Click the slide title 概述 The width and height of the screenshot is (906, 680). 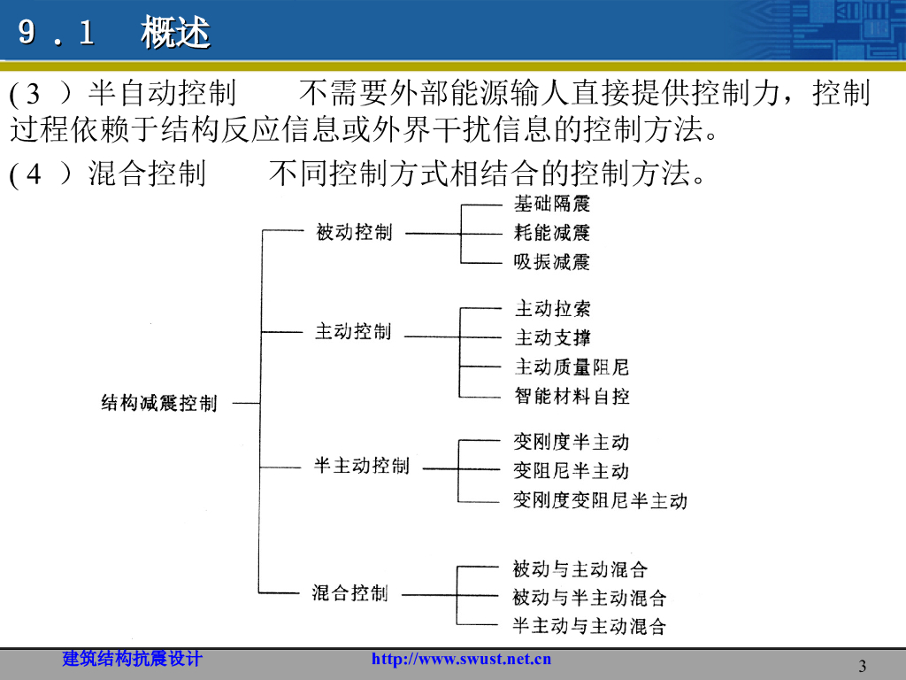click(175, 34)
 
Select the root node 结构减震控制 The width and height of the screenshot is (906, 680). click(158, 404)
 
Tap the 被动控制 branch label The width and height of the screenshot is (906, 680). click(354, 233)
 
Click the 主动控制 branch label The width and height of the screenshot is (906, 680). click(353, 332)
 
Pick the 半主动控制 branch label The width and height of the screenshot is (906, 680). click(362, 466)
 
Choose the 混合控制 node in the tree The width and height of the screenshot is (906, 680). click(350, 592)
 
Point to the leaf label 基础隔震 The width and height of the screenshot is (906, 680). click(552, 204)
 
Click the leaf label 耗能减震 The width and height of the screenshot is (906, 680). click(552, 233)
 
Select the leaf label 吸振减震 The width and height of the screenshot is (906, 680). click(552, 262)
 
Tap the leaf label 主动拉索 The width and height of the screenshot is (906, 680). click(552, 309)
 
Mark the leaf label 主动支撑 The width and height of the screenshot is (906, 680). click(552, 337)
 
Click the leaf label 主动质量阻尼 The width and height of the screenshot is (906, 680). click(572, 367)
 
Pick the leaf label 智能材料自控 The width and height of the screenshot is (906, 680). click(572, 396)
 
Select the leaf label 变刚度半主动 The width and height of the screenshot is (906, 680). click(571, 442)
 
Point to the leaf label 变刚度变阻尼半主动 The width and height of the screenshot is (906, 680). click(600, 500)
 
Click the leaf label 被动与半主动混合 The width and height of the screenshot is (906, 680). click(589, 598)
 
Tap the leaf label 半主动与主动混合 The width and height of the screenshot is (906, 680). click(589, 627)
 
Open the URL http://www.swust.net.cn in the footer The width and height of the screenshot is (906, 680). click(461, 659)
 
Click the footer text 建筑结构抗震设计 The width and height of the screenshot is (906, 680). click(133, 659)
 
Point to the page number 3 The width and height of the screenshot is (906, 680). click(863, 666)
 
